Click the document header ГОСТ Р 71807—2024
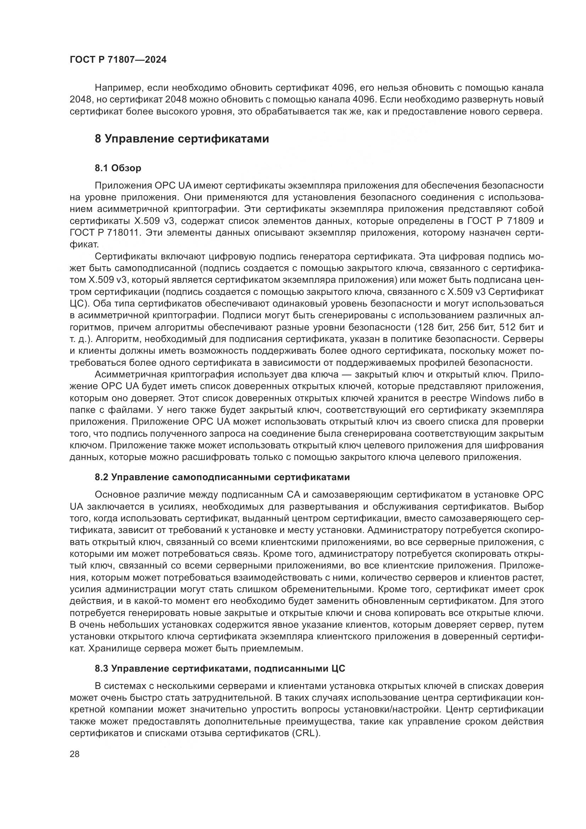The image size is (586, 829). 118,60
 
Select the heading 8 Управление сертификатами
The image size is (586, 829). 182,139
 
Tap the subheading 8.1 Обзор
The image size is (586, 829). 118,168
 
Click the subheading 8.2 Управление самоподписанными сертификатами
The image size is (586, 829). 222,477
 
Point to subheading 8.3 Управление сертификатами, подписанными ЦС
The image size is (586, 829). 220,669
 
